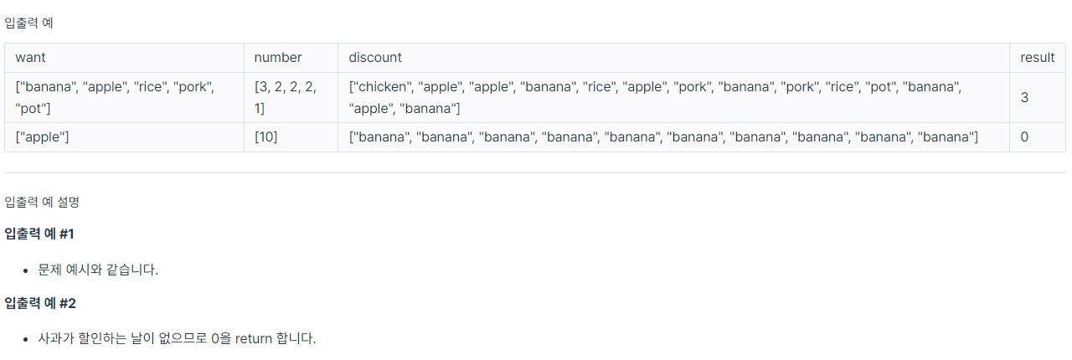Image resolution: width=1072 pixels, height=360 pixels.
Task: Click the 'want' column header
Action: click(x=30, y=58)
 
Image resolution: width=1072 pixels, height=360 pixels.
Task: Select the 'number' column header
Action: click(x=278, y=58)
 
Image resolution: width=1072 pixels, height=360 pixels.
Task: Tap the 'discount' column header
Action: click(x=375, y=58)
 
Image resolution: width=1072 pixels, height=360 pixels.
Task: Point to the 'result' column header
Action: click(x=1037, y=58)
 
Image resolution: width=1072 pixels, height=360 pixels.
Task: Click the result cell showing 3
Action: click(x=1024, y=97)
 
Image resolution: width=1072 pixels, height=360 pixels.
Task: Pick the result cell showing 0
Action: click(x=1024, y=137)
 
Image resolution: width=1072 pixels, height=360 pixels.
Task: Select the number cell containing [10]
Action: click(x=266, y=137)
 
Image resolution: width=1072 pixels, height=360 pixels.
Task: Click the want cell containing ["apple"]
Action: click(x=43, y=137)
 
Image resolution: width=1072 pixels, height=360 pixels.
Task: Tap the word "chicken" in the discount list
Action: click(x=382, y=86)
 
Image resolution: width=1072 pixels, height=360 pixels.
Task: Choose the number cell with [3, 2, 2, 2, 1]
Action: click(x=286, y=97)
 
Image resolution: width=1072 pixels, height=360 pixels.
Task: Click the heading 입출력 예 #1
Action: click(x=39, y=234)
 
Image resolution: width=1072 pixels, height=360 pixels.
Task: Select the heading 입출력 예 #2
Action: click(x=40, y=302)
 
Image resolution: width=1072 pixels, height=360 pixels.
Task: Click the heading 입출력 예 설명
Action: click(x=42, y=201)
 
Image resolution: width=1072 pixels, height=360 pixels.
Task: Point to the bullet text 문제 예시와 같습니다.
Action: click(x=98, y=270)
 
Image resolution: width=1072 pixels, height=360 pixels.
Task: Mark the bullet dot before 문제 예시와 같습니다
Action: click(x=26, y=270)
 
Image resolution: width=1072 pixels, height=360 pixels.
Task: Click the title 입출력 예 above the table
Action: click(x=29, y=23)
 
